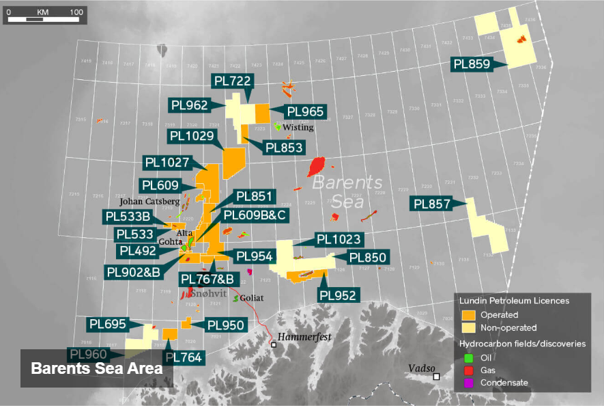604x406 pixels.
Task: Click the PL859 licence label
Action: click(x=472, y=64)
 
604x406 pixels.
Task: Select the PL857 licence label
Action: click(x=433, y=204)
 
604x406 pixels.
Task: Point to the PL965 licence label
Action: click(x=305, y=111)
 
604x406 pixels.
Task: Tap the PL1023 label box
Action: click(x=339, y=240)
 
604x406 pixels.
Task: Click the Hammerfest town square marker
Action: click(x=274, y=345)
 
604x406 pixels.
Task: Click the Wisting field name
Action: click(x=298, y=127)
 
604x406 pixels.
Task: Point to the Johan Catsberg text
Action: click(x=149, y=202)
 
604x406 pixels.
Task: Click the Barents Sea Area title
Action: click(x=96, y=368)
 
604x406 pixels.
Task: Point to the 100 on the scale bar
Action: click(x=76, y=12)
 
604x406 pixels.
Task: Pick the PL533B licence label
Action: click(x=128, y=217)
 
